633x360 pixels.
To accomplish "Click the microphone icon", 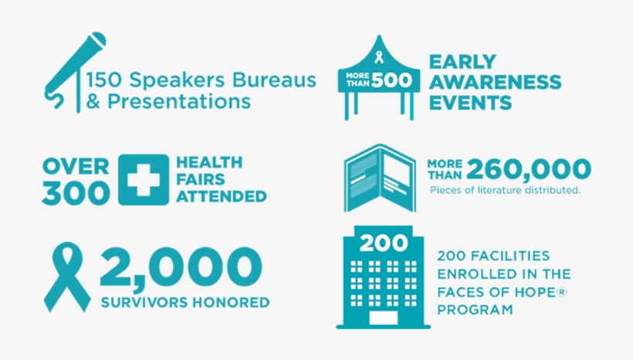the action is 74,69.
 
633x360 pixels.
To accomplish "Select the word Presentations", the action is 179,101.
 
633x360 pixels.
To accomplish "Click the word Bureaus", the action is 274,80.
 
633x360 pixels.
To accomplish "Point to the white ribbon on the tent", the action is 379,57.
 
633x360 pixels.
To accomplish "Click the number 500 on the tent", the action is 391,80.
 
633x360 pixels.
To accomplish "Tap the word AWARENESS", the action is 495,82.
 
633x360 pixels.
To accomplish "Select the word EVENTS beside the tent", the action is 470,103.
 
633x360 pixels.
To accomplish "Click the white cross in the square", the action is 144,180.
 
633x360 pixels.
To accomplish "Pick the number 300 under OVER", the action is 76,192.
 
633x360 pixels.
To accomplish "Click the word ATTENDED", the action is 222,196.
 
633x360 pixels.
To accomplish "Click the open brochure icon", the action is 380,178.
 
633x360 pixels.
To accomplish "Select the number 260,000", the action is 529,169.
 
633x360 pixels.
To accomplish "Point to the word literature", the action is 500,190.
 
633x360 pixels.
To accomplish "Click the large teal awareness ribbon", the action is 67,277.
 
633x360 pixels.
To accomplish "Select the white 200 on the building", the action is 384,243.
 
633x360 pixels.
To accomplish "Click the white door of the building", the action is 383,318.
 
